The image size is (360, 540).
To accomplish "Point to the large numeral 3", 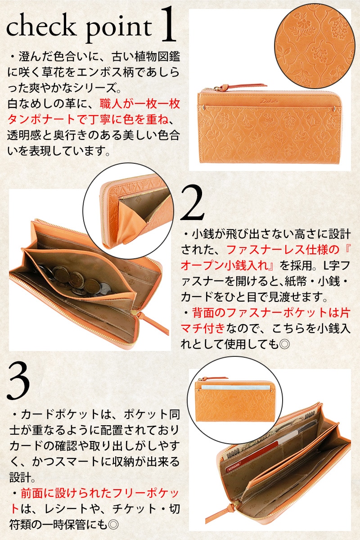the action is pos(18,381).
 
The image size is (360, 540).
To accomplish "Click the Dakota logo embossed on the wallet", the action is pos(269,101).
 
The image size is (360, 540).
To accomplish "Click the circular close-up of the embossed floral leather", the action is pos(315,45).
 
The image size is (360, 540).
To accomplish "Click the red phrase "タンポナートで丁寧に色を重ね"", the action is pos(88,120).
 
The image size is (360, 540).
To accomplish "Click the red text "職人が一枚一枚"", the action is pos(140,104).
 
